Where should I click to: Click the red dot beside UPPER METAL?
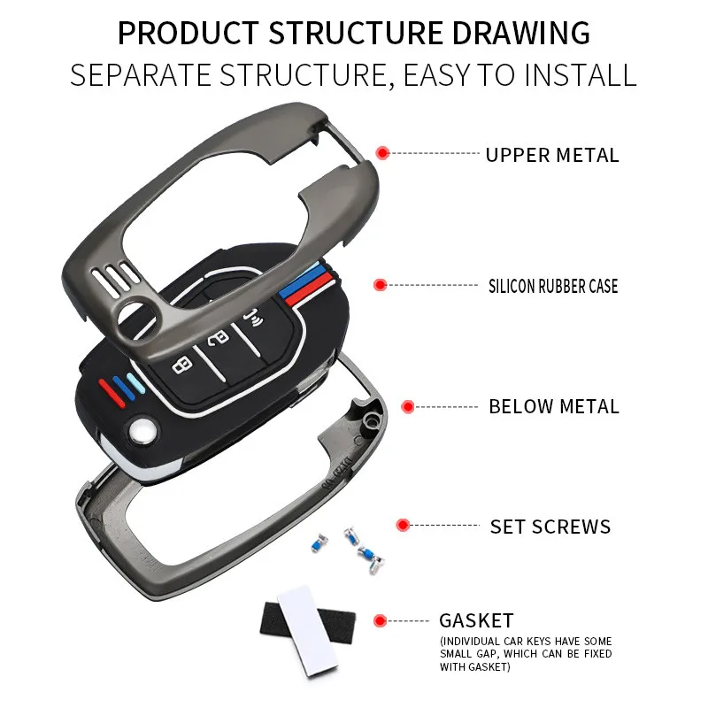pyautogui.click(x=382, y=153)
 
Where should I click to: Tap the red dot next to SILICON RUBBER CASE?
pyautogui.click(x=380, y=285)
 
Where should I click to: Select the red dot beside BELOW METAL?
pyautogui.click(x=407, y=407)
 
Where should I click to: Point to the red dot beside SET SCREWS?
pyautogui.click(x=403, y=525)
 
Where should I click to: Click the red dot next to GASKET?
pyautogui.click(x=381, y=620)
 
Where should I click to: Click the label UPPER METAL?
pyautogui.click(x=552, y=155)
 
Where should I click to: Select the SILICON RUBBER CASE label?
pyautogui.click(x=553, y=286)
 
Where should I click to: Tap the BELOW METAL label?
pyautogui.click(x=554, y=407)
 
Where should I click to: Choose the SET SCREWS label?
pyautogui.click(x=550, y=527)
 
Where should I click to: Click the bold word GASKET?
pyautogui.click(x=476, y=620)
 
